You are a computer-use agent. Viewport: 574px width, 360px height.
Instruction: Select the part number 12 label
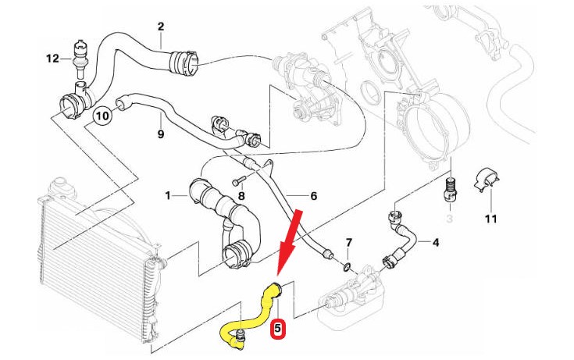(52, 58)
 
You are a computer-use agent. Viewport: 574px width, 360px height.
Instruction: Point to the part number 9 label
(160, 134)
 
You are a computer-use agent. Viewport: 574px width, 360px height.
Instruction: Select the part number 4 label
(436, 242)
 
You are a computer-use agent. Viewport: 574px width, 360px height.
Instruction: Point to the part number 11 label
(490, 219)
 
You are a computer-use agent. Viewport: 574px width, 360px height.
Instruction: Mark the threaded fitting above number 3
(450, 188)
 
